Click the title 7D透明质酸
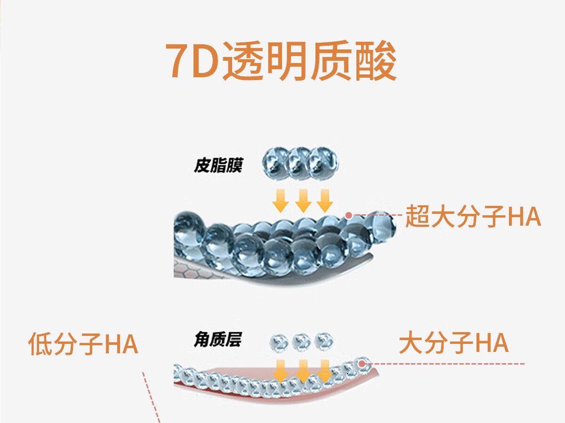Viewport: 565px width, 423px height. click(x=281, y=62)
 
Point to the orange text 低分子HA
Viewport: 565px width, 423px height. click(x=83, y=344)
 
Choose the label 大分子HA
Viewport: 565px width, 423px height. click(x=453, y=343)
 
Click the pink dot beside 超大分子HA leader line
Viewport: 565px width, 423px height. click(x=348, y=215)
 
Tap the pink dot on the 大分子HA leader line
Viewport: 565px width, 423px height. click(x=362, y=363)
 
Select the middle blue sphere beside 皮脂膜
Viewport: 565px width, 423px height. click(x=299, y=163)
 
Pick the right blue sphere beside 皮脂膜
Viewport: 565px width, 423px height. click(x=323, y=163)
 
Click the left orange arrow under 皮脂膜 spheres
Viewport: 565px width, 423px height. click(x=281, y=201)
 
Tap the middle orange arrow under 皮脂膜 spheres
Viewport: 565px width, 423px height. click(x=303, y=201)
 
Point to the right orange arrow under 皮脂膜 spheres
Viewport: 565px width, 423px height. click(x=324, y=201)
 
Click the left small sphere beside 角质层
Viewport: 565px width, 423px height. click(x=279, y=341)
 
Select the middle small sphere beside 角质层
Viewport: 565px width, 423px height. click(x=301, y=341)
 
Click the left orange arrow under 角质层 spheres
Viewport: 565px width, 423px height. click(x=281, y=371)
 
